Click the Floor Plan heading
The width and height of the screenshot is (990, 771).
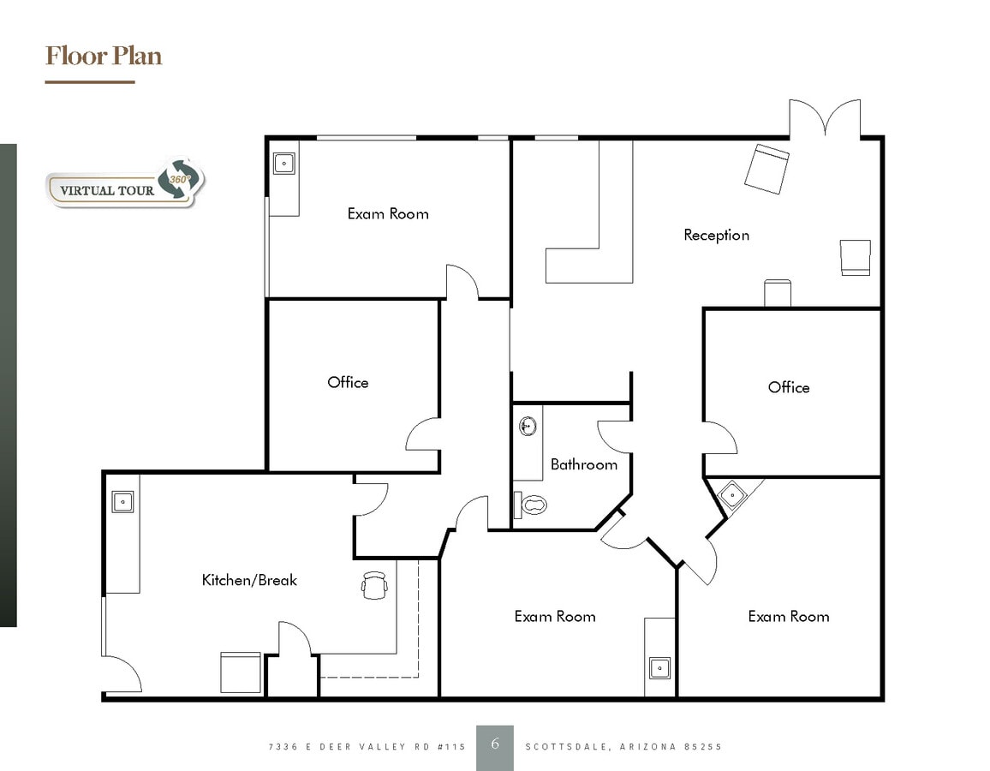104,57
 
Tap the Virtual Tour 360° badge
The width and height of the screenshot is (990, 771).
126,183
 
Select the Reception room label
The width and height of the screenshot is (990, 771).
716,235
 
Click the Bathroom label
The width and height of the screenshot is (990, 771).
583,464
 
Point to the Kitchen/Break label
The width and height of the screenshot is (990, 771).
249,580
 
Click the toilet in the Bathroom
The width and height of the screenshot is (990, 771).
531,505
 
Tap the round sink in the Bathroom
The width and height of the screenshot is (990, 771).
528,424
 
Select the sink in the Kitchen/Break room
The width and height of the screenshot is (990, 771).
122,502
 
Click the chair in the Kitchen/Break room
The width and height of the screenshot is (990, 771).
374,585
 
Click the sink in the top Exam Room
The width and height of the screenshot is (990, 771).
283,163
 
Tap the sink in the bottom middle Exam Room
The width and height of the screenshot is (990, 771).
659,667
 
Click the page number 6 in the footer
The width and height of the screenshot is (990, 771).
495,744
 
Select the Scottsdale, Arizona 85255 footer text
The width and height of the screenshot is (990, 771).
623,747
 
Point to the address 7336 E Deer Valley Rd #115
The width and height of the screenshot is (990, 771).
367,747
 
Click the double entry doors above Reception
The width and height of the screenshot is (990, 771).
825,118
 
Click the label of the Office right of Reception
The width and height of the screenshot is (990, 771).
789,387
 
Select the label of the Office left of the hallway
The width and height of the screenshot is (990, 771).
348,382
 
